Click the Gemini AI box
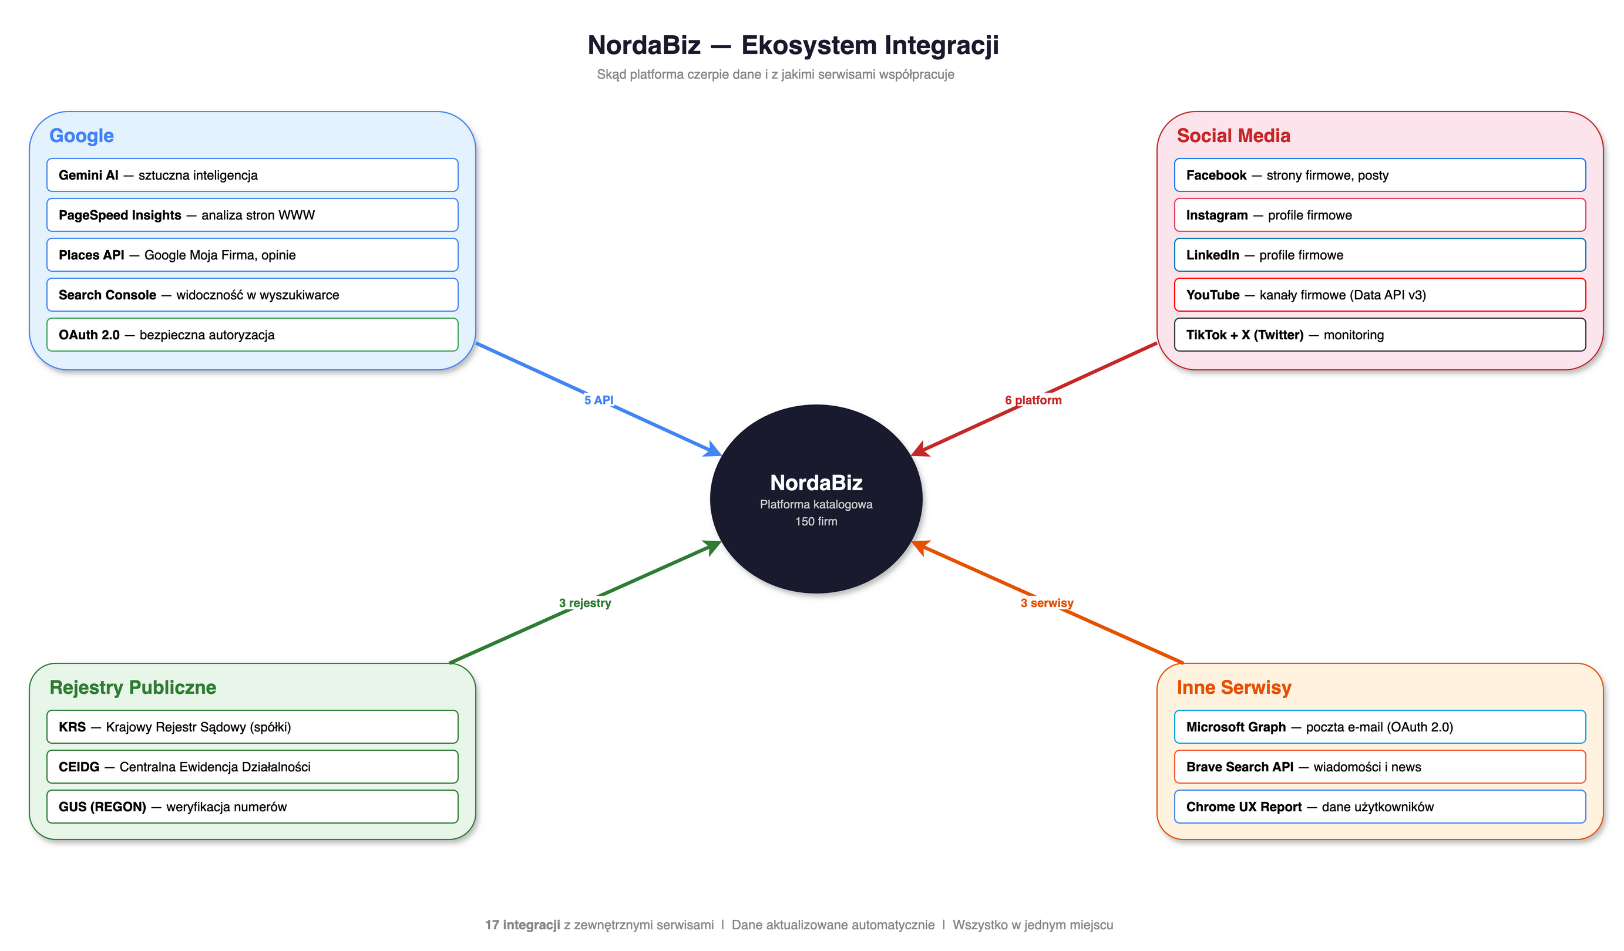click(x=252, y=176)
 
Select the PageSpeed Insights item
click(x=252, y=215)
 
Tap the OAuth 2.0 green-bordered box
click(x=252, y=335)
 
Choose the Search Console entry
click(x=252, y=295)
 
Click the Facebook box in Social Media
click(x=1379, y=176)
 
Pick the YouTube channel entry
click(x=1379, y=295)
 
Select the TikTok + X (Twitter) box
click(x=1379, y=335)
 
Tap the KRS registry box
click(x=252, y=727)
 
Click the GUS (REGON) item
click(x=252, y=807)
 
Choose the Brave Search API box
click(x=1379, y=767)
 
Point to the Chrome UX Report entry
click(x=1379, y=807)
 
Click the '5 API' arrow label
click(x=599, y=400)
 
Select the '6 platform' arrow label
click(x=1033, y=400)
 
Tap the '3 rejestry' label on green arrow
click(x=584, y=603)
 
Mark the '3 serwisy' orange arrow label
click(x=1047, y=603)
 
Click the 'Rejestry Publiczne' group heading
click(x=133, y=687)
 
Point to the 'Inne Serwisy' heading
click(x=1233, y=687)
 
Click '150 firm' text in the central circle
click(x=816, y=521)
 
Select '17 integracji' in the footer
click(x=522, y=925)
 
